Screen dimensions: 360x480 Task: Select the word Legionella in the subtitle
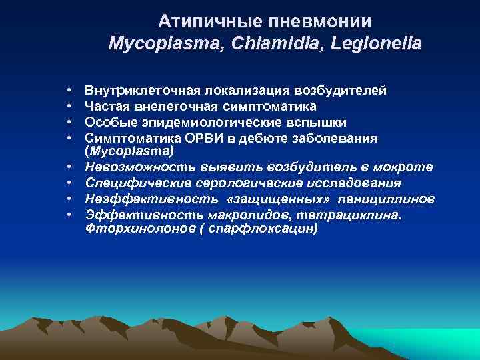[380, 45]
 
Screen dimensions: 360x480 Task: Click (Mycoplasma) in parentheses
[129, 151]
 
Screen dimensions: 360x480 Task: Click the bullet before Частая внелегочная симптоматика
[69, 106]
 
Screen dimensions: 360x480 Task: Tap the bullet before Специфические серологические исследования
[69, 183]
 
